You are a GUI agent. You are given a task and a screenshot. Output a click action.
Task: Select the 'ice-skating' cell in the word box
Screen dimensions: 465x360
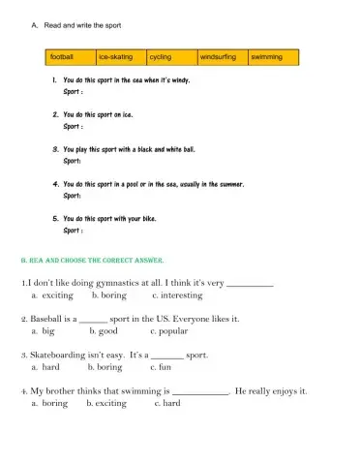click(121, 57)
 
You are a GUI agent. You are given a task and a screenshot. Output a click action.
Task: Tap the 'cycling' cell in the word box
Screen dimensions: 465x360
click(171, 57)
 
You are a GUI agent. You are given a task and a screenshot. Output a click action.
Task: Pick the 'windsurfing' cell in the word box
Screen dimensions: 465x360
click(222, 57)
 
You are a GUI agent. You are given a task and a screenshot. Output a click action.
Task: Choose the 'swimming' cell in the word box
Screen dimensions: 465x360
click(272, 57)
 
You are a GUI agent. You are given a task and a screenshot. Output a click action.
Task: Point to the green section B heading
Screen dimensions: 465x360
click(93, 261)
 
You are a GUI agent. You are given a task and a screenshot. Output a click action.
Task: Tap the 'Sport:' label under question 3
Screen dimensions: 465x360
click(72, 161)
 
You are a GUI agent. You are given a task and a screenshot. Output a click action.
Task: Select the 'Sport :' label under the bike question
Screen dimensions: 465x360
click(73, 231)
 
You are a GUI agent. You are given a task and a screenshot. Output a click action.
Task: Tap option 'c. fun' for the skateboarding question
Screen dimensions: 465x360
click(160, 367)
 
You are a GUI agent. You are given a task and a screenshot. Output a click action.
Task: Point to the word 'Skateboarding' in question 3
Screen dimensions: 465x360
click(59, 356)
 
